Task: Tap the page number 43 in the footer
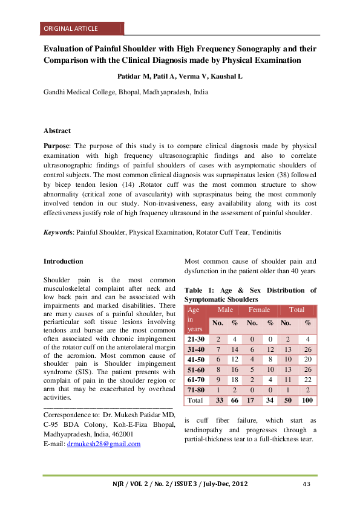(306, 484)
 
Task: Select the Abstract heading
(57, 131)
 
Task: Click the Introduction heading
(64, 261)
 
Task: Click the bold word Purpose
(57, 147)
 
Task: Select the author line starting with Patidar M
(179, 77)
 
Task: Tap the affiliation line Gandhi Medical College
(126, 92)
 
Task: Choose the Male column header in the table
(225, 310)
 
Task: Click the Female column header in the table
(259, 310)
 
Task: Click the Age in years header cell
(195, 319)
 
